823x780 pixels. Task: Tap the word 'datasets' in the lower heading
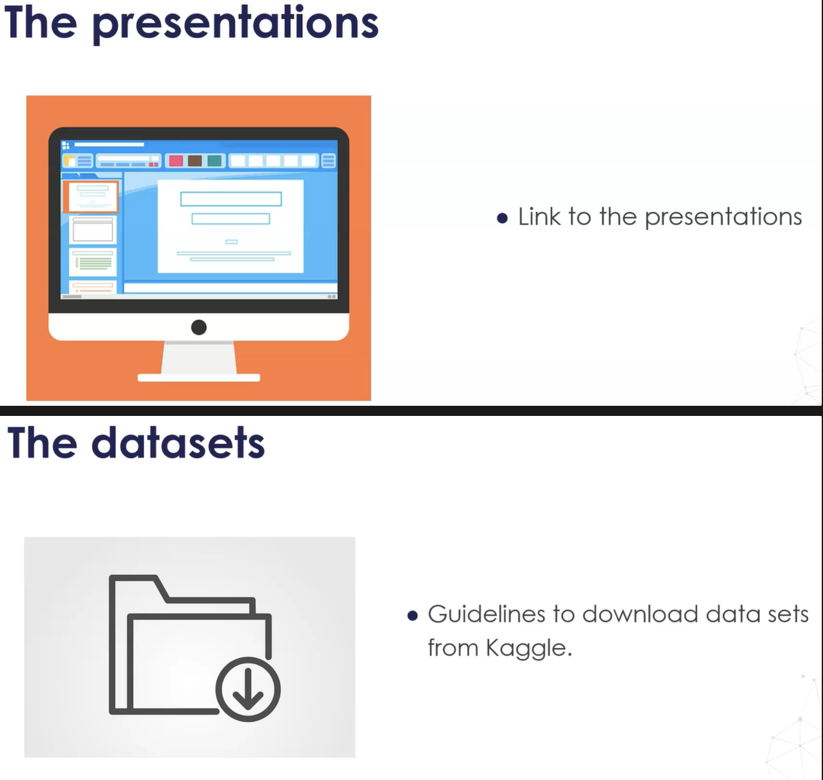tap(178, 443)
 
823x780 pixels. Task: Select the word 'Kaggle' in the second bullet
tap(528, 649)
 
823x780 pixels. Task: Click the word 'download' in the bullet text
tap(640, 614)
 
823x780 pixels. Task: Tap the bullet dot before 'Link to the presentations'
tap(503, 218)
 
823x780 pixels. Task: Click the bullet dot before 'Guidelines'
tap(412, 616)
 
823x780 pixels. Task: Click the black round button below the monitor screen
tap(199, 327)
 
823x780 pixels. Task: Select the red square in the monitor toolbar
tap(176, 161)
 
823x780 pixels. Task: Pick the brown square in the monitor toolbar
tap(195, 161)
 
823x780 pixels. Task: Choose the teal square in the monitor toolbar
tap(214, 161)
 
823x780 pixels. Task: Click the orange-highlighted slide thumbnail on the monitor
tap(91, 197)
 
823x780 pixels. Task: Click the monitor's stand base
tap(199, 377)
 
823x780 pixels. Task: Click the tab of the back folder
tap(138, 580)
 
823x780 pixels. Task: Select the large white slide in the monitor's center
tap(231, 226)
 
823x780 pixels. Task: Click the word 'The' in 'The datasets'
tap(42, 443)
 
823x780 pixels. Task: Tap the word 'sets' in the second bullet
tap(788, 614)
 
